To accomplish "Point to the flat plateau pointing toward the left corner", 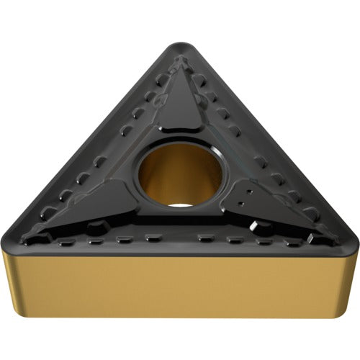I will click(101, 205).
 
